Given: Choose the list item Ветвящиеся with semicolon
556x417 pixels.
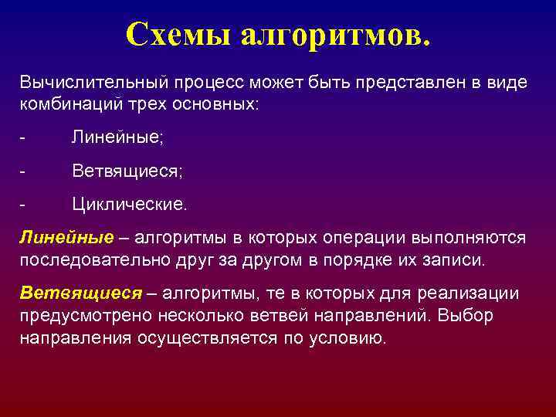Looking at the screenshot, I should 127,171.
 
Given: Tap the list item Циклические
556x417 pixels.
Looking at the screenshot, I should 129,205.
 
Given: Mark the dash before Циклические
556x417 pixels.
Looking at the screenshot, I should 23,205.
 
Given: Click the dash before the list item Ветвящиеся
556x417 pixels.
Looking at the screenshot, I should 23,171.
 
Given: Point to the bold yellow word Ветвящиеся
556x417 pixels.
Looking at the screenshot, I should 81,294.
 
